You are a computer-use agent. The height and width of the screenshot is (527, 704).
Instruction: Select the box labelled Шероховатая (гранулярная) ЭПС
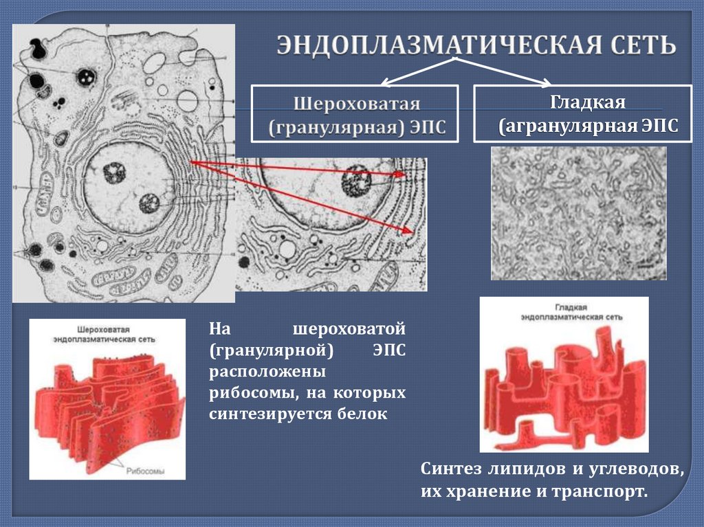(355, 114)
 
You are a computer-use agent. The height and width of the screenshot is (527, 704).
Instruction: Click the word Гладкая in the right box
(586, 103)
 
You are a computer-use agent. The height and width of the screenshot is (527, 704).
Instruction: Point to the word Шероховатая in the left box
(357, 104)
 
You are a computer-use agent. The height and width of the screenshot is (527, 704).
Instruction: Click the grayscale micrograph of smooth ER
(578, 214)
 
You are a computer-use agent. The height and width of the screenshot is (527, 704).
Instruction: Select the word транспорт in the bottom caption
(607, 493)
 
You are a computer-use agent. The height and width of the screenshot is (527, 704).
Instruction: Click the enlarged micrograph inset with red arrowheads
(331, 224)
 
